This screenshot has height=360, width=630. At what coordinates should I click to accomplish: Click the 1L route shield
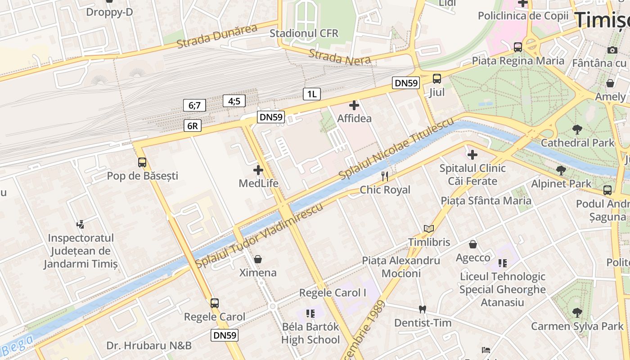coord(312,94)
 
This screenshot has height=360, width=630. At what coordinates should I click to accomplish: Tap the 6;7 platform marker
coord(194,105)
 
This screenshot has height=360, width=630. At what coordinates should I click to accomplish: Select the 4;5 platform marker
coord(234,101)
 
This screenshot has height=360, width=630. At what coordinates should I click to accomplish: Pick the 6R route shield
coord(192,126)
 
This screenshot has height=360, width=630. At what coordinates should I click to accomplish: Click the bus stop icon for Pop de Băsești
coord(142,162)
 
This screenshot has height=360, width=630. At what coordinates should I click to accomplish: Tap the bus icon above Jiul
coord(436,79)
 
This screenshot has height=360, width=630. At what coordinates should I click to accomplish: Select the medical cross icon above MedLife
coord(258,170)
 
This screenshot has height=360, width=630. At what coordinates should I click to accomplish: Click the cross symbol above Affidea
coord(354,105)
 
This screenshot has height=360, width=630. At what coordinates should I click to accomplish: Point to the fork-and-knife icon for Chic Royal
coord(385,176)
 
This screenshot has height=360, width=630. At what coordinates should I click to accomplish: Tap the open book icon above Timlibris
coord(429,229)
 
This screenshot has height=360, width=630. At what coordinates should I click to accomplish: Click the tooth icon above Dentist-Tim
coord(422,309)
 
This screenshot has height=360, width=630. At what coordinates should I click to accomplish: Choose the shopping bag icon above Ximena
coord(258,259)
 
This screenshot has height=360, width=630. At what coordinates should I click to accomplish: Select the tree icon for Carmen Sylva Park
coord(577,312)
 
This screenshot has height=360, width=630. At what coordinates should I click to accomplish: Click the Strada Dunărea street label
coord(216,36)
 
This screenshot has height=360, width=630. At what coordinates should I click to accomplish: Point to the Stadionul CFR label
coord(304,33)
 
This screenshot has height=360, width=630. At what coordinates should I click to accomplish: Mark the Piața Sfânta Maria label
coord(486,201)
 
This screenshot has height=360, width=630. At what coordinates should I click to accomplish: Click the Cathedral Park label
coord(577,143)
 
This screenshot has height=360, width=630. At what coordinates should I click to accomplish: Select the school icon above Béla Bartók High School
coord(310,313)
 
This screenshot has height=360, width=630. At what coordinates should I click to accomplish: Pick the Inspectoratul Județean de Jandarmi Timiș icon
coord(81,224)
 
